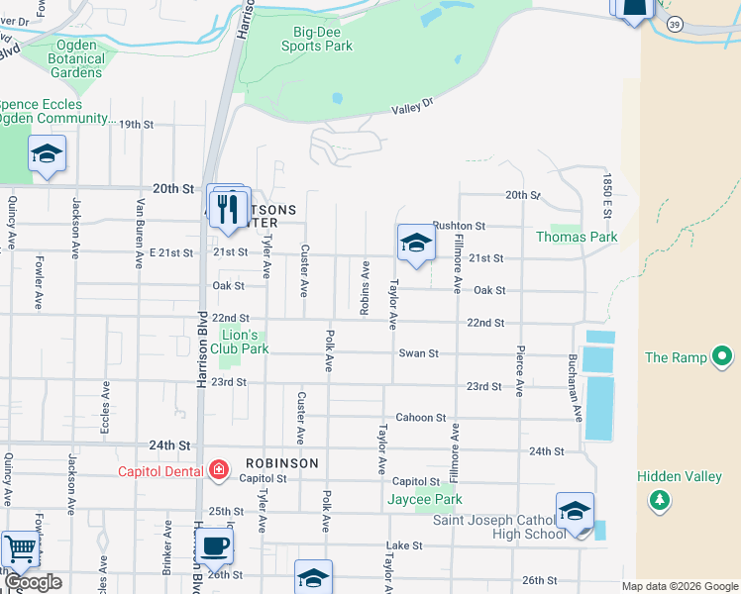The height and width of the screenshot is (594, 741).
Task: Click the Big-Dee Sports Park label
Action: (316, 38)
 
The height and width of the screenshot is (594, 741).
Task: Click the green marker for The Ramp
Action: (723, 356)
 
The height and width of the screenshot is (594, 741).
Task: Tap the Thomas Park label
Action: (577, 237)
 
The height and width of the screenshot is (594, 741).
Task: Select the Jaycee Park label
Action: (424, 500)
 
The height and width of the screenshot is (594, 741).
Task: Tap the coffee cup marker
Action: (214, 544)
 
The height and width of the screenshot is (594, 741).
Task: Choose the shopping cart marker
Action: (19, 548)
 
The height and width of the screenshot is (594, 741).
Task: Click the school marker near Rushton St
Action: (416, 243)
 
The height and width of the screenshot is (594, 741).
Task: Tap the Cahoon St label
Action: (421, 418)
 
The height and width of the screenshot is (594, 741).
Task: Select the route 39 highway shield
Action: (674, 25)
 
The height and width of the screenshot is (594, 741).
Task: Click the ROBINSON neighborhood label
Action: (282, 463)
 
